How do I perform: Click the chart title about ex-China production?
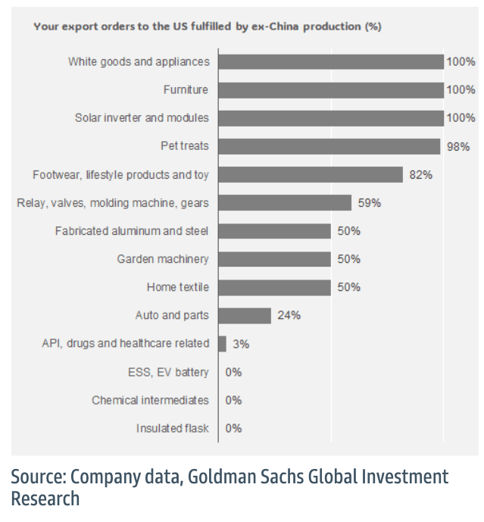[x=207, y=27]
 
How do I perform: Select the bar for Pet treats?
[x=329, y=146]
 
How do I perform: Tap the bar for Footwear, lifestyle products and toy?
[x=310, y=174]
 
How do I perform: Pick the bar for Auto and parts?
[x=244, y=315]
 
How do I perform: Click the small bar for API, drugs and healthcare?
[x=222, y=343]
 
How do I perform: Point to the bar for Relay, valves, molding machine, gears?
[x=285, y=202]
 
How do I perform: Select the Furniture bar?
[x=330, y=90]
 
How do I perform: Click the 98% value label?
[x=457, y=146]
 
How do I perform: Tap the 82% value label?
[x=420, y=174]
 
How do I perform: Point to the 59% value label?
[x=369, y=202]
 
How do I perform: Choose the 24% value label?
[x=289, y=315]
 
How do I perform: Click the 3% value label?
[x=241, y=343]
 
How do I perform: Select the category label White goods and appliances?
[x=139, y=62]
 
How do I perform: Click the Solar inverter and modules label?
[x=142, y=118]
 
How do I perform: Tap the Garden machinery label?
[x=163, y=259]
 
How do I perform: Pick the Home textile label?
[x=178, y=287]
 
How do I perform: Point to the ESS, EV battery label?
[x=168, y=371]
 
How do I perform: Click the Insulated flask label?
[x=173, y=428]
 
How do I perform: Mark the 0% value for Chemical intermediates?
[x=233, y=400]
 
